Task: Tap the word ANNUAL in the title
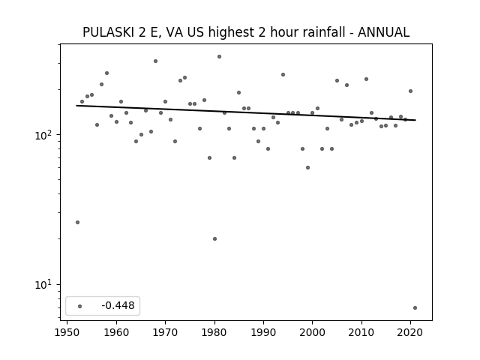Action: coord(383,32)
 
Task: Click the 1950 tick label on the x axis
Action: coord(67,332)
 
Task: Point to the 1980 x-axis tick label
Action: coord(214,332)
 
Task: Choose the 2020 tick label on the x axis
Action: coord(410,332)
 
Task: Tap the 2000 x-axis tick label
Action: coord(312,332)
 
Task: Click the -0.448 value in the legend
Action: coord(118,305)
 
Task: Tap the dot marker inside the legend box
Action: coord(80,306)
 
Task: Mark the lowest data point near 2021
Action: coord(415,307)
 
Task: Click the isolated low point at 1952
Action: coord(77,222)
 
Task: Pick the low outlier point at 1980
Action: coord(215,238)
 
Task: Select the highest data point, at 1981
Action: coord(220,57)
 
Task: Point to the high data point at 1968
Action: coord(155,61)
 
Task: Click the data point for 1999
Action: coord(308,167)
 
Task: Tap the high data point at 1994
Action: coord(283,75)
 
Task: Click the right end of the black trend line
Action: coord(415,120)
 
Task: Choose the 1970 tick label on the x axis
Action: coord(165,332)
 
